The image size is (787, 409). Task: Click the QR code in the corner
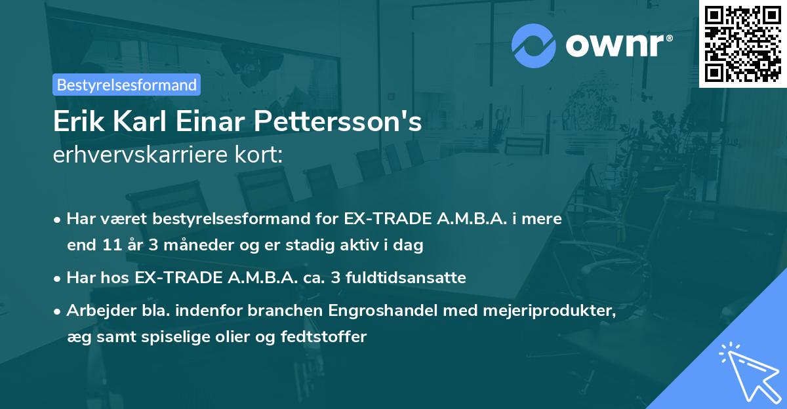coord(742,43)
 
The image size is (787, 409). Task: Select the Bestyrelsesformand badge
coord(127,85)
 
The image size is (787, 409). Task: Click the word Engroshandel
coord(380,310)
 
